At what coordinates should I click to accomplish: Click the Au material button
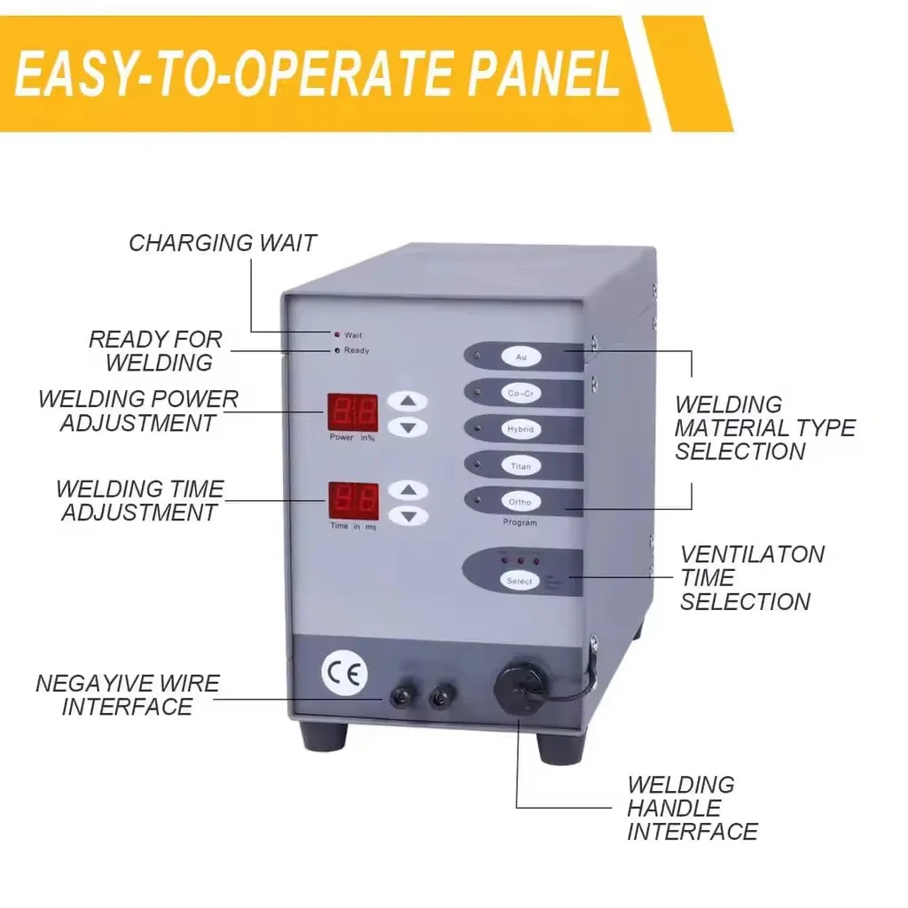521,357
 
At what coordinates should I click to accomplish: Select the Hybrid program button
521,429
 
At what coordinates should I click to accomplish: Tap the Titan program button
521,466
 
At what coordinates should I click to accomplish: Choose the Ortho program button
521,502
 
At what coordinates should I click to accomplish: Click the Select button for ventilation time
520,581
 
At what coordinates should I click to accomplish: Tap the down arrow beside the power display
407,427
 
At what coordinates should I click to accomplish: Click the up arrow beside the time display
407,489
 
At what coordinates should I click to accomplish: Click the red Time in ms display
354,501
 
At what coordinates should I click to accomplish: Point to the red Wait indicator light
336,335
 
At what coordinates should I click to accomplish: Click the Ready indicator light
336,350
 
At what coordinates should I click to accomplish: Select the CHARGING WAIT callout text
223,243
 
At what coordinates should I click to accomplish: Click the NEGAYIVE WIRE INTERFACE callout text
128,695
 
